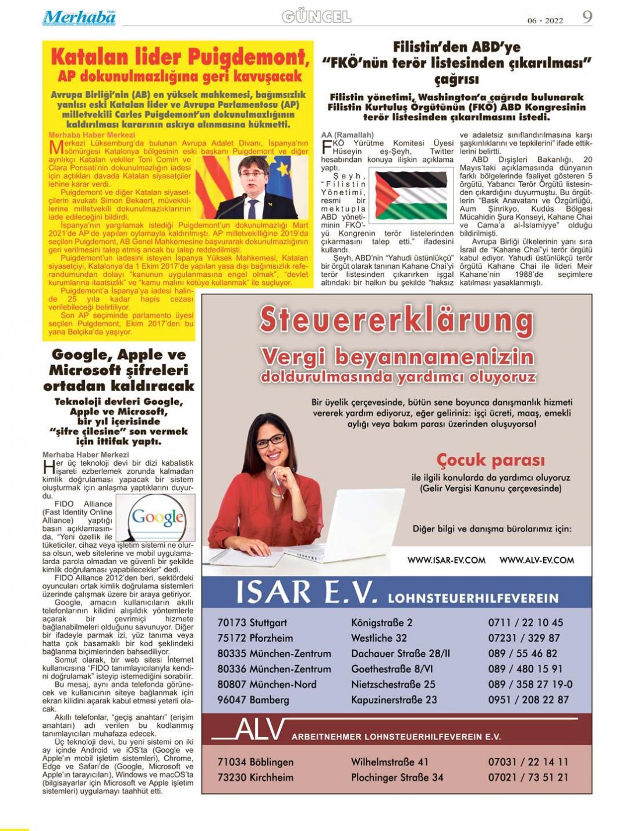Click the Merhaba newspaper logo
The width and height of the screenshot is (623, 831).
click(79, 17)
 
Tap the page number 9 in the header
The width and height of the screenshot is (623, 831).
click(587, 17)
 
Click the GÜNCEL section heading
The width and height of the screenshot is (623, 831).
click(317, 17)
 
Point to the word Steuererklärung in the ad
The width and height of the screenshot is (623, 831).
click(397, 320)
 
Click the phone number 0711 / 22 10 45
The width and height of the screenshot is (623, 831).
click(525, 622)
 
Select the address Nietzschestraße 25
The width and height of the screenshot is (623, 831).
click(393, 684)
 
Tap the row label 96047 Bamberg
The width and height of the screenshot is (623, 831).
click(254, 700)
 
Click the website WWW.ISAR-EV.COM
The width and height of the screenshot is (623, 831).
click(446, 560)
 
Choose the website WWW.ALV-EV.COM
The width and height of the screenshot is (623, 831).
click(536, 560)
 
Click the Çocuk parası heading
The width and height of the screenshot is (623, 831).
click(490, 460)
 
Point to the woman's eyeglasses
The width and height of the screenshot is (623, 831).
click(270, 441)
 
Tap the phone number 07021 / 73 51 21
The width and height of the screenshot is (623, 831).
click(528, 777)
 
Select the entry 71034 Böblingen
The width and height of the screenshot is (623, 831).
click(255, 762)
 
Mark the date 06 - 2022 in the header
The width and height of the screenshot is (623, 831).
click(545, 20)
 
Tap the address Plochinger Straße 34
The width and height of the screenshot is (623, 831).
click(397, 777)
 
